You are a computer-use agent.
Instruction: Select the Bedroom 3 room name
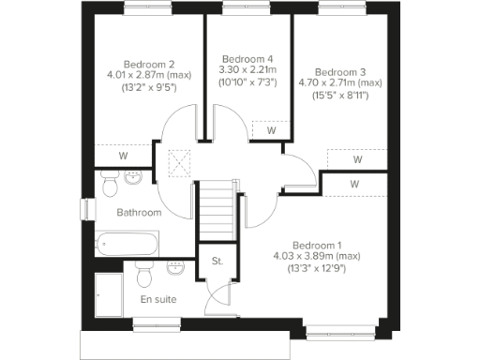pyautogui.click(x=341, y=71)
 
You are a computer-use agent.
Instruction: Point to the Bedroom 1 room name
pyautogui.click(x=319, y=244)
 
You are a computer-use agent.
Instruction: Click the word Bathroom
pyautogui.click(x=139, y=213)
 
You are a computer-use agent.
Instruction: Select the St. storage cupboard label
pyautogui.click(x=217, y=260)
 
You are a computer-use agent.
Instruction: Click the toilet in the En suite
pyautogui.click(x=142, y=275)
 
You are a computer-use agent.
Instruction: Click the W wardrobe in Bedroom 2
pyautogui.click(x=123, y=157)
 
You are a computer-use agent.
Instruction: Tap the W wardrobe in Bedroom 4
pyautogui.click(x=271, y=130)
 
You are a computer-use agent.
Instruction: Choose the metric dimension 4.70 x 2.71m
pyautogui.click(x=348, y=82)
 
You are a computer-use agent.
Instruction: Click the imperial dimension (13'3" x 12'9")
pyautogui.click(x=319, y=268)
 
